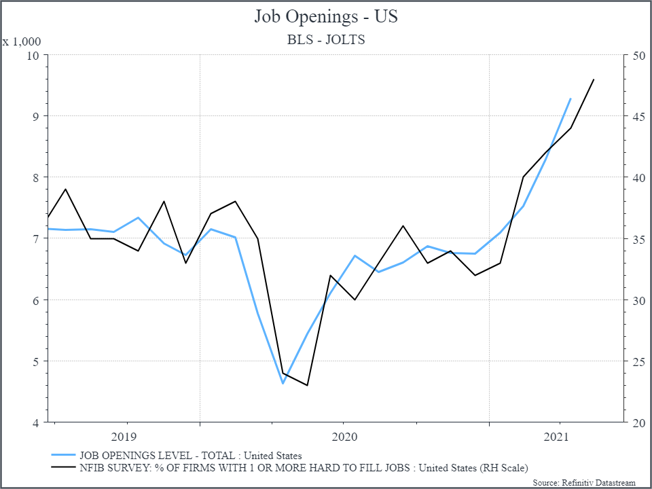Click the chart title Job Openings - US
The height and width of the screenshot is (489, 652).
click(x=326, y=16)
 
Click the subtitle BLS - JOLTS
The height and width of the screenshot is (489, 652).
click(x=326, y=39)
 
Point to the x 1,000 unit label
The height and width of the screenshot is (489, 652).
click(x=22, y=41)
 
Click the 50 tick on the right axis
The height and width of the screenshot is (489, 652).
click(x=638, y=54)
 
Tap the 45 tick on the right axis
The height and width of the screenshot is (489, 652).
click(x=638, y=116)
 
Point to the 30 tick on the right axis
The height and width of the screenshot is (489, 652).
click(x=638, y=300)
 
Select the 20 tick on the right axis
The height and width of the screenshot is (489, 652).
click(x=638, y=422)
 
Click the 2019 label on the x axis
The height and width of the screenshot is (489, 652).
click(x=124, y=436)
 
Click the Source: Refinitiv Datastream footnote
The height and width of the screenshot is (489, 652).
click(x=584, y=482)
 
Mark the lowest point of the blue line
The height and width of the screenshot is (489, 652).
click(x=283, y=384)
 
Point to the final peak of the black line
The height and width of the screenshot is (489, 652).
click(x=594, y=79)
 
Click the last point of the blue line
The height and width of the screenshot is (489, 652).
click(x=570, y=98)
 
